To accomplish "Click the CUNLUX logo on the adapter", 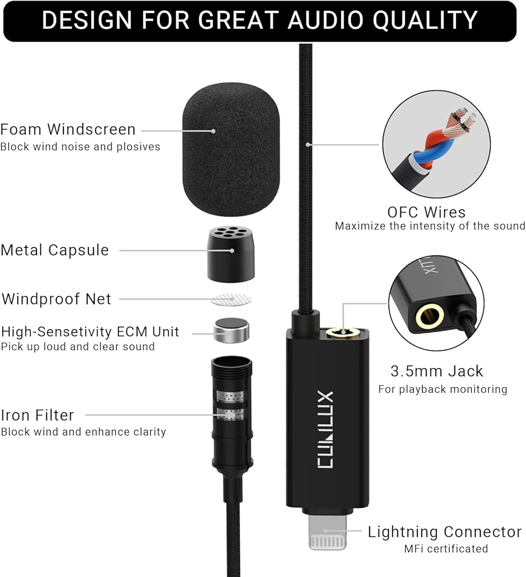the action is coord(325,438).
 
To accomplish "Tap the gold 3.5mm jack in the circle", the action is coord(430,316).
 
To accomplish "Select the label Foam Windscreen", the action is coord(68,129).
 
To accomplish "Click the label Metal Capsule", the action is coord(55,250).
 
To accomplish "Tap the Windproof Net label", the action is coord(57,299).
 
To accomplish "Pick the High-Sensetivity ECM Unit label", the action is coord(90,332).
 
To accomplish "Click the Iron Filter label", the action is coord(38,415).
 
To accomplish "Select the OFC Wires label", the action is coord(426,212).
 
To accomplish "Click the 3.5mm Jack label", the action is coord(437,371).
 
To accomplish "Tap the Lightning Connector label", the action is coord(445,531).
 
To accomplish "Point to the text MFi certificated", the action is coord(446,548).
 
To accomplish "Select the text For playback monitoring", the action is coord(442,389).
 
